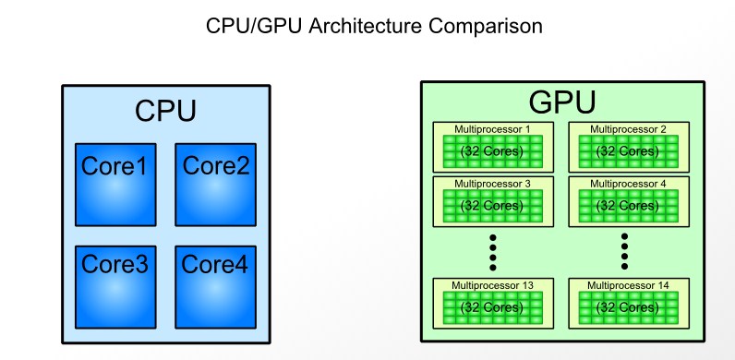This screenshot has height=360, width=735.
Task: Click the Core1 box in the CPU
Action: point(115,185)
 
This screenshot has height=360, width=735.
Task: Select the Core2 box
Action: point(216,185)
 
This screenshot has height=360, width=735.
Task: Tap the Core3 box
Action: point(115,287)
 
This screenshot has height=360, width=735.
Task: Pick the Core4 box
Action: point(216,287)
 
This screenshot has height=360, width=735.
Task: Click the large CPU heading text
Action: point(165,111)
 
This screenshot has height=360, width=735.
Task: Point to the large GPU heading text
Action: point(562,102)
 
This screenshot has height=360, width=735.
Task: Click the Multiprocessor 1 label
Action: point(492,129)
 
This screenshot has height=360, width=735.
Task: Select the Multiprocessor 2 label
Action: point(628,129)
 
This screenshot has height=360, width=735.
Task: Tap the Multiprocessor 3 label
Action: point(492,184)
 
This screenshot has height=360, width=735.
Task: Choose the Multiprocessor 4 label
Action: point(628,184)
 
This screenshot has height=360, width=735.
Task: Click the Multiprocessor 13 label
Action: point(492,285)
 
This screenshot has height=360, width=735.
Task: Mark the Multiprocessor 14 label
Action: point(628,285)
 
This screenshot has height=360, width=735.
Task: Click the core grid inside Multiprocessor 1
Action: point(493,151)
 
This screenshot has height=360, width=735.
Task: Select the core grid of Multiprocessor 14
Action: point(629,307)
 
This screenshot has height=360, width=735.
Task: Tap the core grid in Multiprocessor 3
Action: point(493,206)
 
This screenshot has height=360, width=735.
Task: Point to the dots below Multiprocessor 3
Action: point(493,252)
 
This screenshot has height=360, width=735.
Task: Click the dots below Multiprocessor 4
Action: point(624,252)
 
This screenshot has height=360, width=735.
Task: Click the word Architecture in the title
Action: point(365,26)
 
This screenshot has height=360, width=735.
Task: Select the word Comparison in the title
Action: point(485,27)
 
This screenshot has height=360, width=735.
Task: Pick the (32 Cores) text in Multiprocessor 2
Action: point(628,151)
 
